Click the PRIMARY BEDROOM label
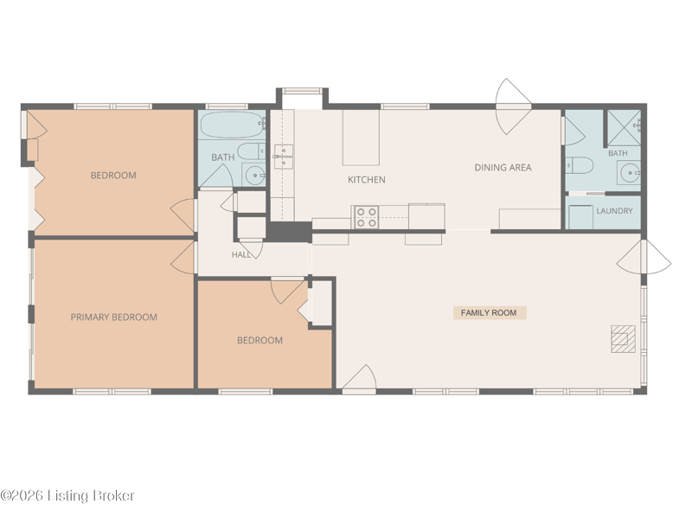(x=114, y=317)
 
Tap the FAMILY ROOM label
(x=489, y=312)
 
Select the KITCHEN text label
(x=366, y=180)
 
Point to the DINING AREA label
(x=503, y=167)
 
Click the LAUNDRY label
(x=614, y=210)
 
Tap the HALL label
(x=241, y=254)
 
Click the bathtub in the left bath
(x=232, y=125)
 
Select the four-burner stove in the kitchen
(x=366, y=217)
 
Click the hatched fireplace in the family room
(x=623, y=338)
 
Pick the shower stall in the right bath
(x=624, y=128)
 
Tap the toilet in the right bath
(x=580, y=165)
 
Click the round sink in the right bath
(x=629, y=172)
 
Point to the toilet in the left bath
(x=251, y=151)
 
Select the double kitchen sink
(x=283, y=157)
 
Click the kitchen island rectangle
(x=361, y=138)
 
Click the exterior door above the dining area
(x=513, y=106)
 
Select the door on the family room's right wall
(x=644, y=257)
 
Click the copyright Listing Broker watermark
(x=67, y=496)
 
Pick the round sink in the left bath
(x=254, y=175)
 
